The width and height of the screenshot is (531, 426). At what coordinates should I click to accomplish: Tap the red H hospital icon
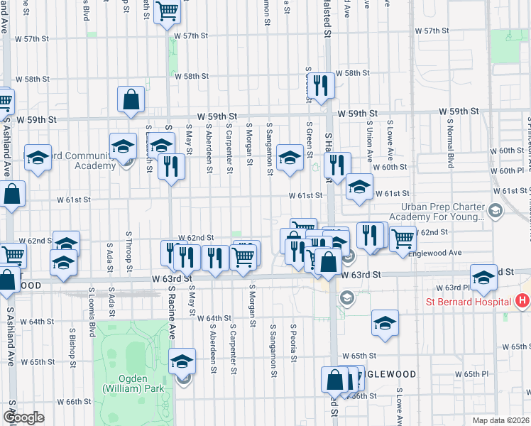tap(522, 301)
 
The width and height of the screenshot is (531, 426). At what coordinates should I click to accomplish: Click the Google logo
tap(23, 417)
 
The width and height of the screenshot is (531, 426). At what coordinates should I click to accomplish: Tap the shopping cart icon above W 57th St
tap(168, 11)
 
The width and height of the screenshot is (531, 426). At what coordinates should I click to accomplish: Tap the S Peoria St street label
tap(292, 341)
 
